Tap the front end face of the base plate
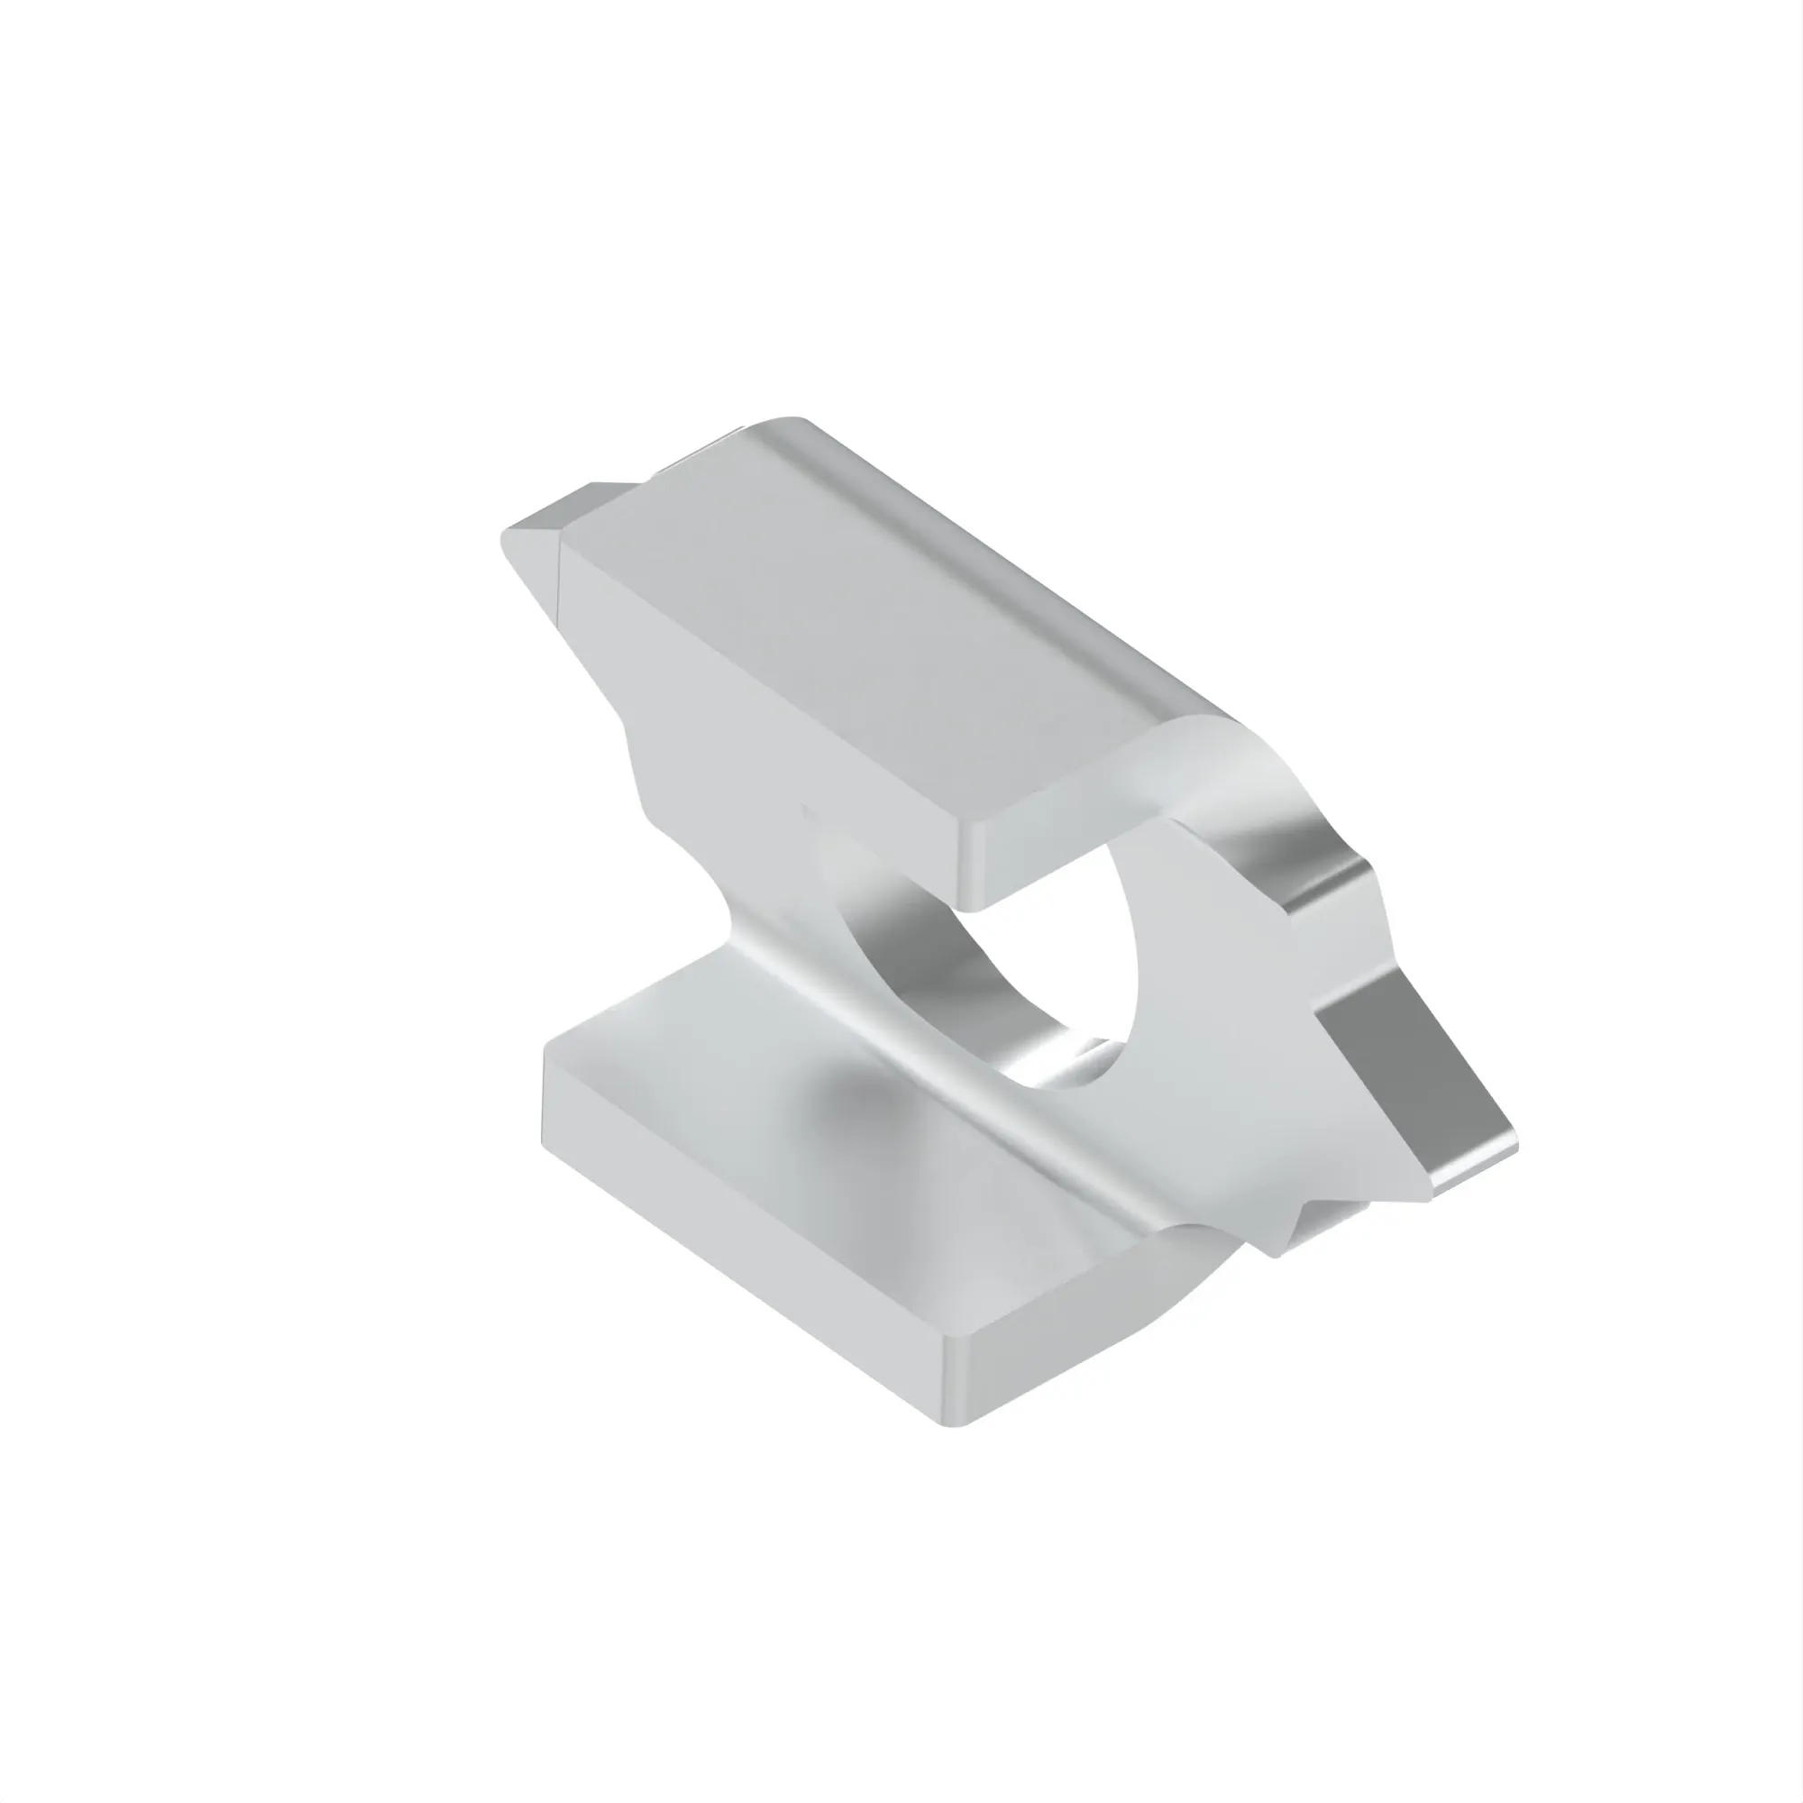click(x=1073, y=1344)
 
